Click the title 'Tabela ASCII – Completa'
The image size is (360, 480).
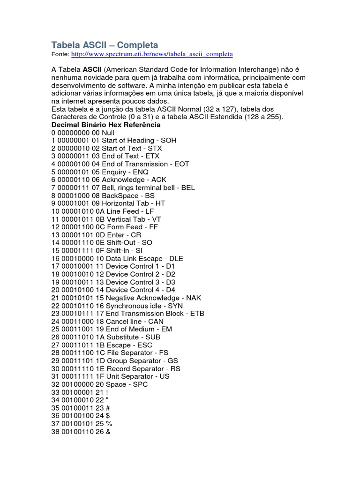tap(105, 45)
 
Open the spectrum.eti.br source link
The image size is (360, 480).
tap(152, 54)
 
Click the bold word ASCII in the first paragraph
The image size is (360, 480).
tap(93, 70)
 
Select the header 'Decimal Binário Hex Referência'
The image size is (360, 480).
tap(106, 125)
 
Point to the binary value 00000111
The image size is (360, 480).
tap(73, 188)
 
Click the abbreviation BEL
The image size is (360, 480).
tap(187, 188)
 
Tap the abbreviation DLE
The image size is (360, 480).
tap(176, 259)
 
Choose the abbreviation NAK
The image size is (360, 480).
tap(193, 298)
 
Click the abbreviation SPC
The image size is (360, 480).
tap(140, 385)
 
